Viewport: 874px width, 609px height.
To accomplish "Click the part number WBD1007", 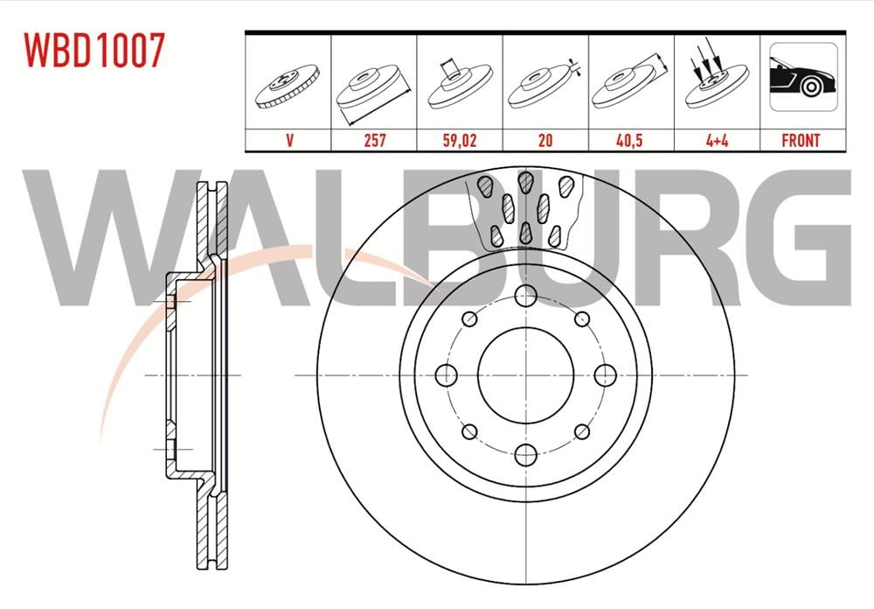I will pyautogui.click(x=94, y=52).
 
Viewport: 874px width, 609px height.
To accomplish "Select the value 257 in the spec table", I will pyautogui.click(x=374, y=139).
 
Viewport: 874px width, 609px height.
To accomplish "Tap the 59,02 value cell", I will pyautogui.click(x=459, y=139).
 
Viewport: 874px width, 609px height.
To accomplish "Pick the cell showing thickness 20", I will pyautogui.click(x=545, y=139).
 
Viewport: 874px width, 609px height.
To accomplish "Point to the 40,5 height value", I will pyautogui.click(x=630, y=139).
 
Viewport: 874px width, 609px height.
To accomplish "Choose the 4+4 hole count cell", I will pyautogui.click(x=716, y=139).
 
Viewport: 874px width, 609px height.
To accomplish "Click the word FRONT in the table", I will pyautogui.click(x=801, y=139).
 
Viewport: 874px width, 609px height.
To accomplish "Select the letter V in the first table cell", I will pyautogui.click(x=288, y=139).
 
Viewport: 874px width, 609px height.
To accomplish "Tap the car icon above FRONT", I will pyautogui.click(x=801, y=81).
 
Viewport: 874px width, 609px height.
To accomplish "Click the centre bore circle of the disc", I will pyautogui.click(x=525, y=374).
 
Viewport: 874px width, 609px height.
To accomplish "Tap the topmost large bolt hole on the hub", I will pyautogui.click(x=525, y=296).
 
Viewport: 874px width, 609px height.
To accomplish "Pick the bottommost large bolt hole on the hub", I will pyautogui.click(x=525, y=454).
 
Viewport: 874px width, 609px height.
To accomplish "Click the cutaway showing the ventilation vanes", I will pyautogui.click(x=526, y=209).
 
